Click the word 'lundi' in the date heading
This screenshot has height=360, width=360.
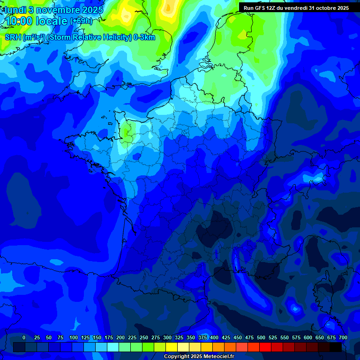click(15, 10)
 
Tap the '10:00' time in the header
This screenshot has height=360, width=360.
click(19, 21)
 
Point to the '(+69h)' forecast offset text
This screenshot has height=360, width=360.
click(81, 21)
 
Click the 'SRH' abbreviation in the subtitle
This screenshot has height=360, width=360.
click(13, 37)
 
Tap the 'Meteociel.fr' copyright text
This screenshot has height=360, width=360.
click(216, 357)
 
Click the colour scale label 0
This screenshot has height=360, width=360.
click(24, 337)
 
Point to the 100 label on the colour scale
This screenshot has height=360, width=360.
click(74, 337)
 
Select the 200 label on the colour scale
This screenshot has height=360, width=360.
click(120, 337)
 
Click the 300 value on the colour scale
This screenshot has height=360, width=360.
click(167, 337)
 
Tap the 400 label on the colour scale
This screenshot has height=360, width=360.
click(214, 337)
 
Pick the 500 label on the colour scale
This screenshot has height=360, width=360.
click(261, 337)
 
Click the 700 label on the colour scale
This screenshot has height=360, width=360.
click(343, 337)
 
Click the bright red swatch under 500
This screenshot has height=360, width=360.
click(265, 347)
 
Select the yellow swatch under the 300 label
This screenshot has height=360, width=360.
click(172, 347)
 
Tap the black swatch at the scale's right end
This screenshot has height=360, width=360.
click(336, 347)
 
